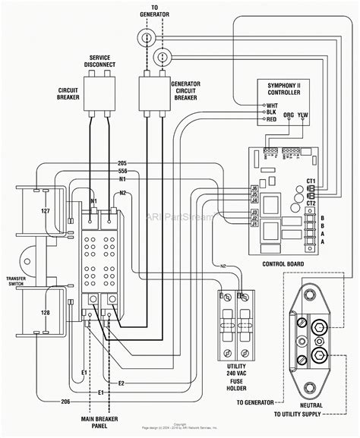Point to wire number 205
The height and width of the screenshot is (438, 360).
(122, 164)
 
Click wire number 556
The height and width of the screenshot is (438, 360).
(122, 171)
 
